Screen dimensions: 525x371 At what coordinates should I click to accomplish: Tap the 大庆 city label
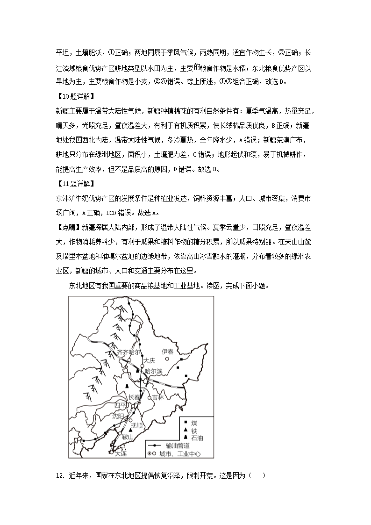(x=150, y=361)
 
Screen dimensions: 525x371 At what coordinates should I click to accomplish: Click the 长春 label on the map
(x=134, y=397)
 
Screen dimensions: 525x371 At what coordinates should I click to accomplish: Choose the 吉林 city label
(x=158, y=397)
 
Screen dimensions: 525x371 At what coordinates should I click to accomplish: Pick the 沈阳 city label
(x=120, y=416)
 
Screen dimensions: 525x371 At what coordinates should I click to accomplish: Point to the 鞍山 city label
(x=128, y=437)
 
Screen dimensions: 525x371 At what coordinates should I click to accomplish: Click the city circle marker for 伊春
(x=167, y=359)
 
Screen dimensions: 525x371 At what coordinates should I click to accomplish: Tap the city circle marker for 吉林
(x=150, y=398)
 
